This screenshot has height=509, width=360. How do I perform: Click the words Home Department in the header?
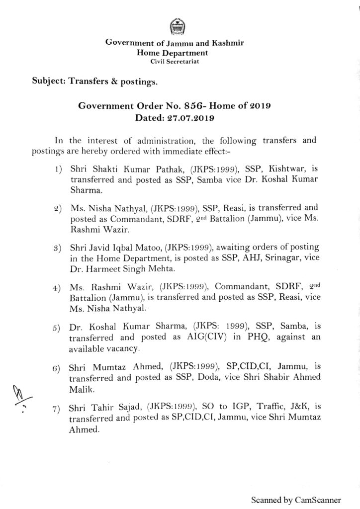click(173, 52)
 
